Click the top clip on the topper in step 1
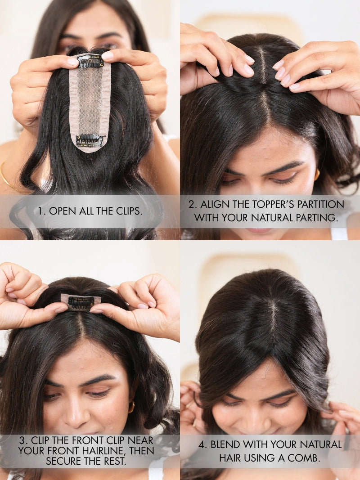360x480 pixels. click(x=90, y=62)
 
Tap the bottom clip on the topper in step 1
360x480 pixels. click(x=90, y=140)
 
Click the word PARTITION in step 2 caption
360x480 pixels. click(x=320, y=204)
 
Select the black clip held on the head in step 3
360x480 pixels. click(x=81, y=302)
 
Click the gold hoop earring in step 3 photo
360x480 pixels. click(x=131, y=407)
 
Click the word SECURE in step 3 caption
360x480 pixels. click(x=63, y=461)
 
